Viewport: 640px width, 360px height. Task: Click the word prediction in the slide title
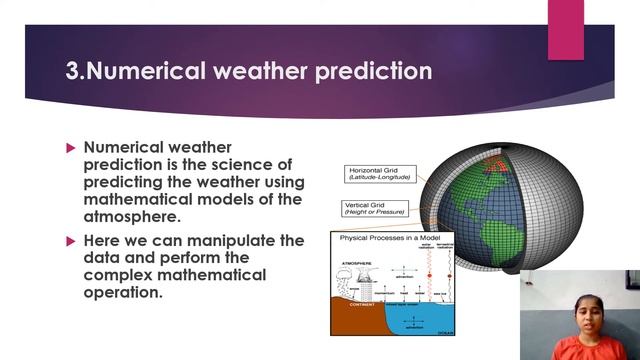[370, 72]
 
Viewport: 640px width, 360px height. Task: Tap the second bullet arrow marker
[71, 241]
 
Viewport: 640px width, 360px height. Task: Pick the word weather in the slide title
[259, 72]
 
